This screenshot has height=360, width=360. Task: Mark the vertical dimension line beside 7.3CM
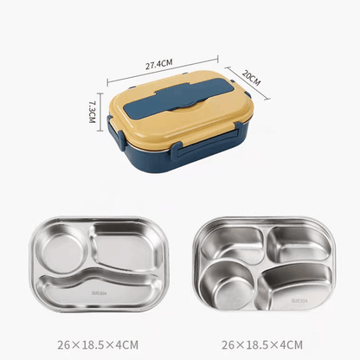(x=100, y=113)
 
